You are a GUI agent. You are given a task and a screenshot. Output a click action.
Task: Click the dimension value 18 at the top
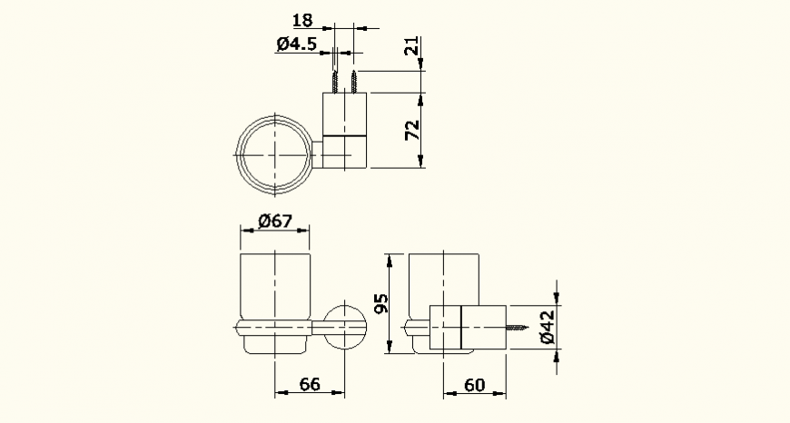pyautogui.click(x=302, y=20)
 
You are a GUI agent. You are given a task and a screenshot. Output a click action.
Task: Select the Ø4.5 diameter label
pyautogui.click(x=295, y=44)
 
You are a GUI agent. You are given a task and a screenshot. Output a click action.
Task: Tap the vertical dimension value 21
pyautogui.click(x=413, y=48)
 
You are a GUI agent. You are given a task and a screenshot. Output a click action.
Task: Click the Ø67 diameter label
pyautogui.click(x=273, y=220)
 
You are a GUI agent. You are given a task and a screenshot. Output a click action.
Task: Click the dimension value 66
pyautogui.click(x=310, y=384)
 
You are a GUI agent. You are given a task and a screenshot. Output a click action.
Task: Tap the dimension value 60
pyautogui.click(x=474, y=385)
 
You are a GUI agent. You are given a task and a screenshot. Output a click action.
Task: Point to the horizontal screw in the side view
pyautogui.click(x=518, y=328)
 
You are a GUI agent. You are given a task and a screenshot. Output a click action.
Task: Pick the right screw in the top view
pyautogui.click(x=353, y=82)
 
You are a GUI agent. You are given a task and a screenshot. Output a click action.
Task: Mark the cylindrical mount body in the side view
pyautogui.click(x=465, y=328)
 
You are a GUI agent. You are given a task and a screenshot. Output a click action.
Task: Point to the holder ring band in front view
pyautogui.click(x=273, y=327)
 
